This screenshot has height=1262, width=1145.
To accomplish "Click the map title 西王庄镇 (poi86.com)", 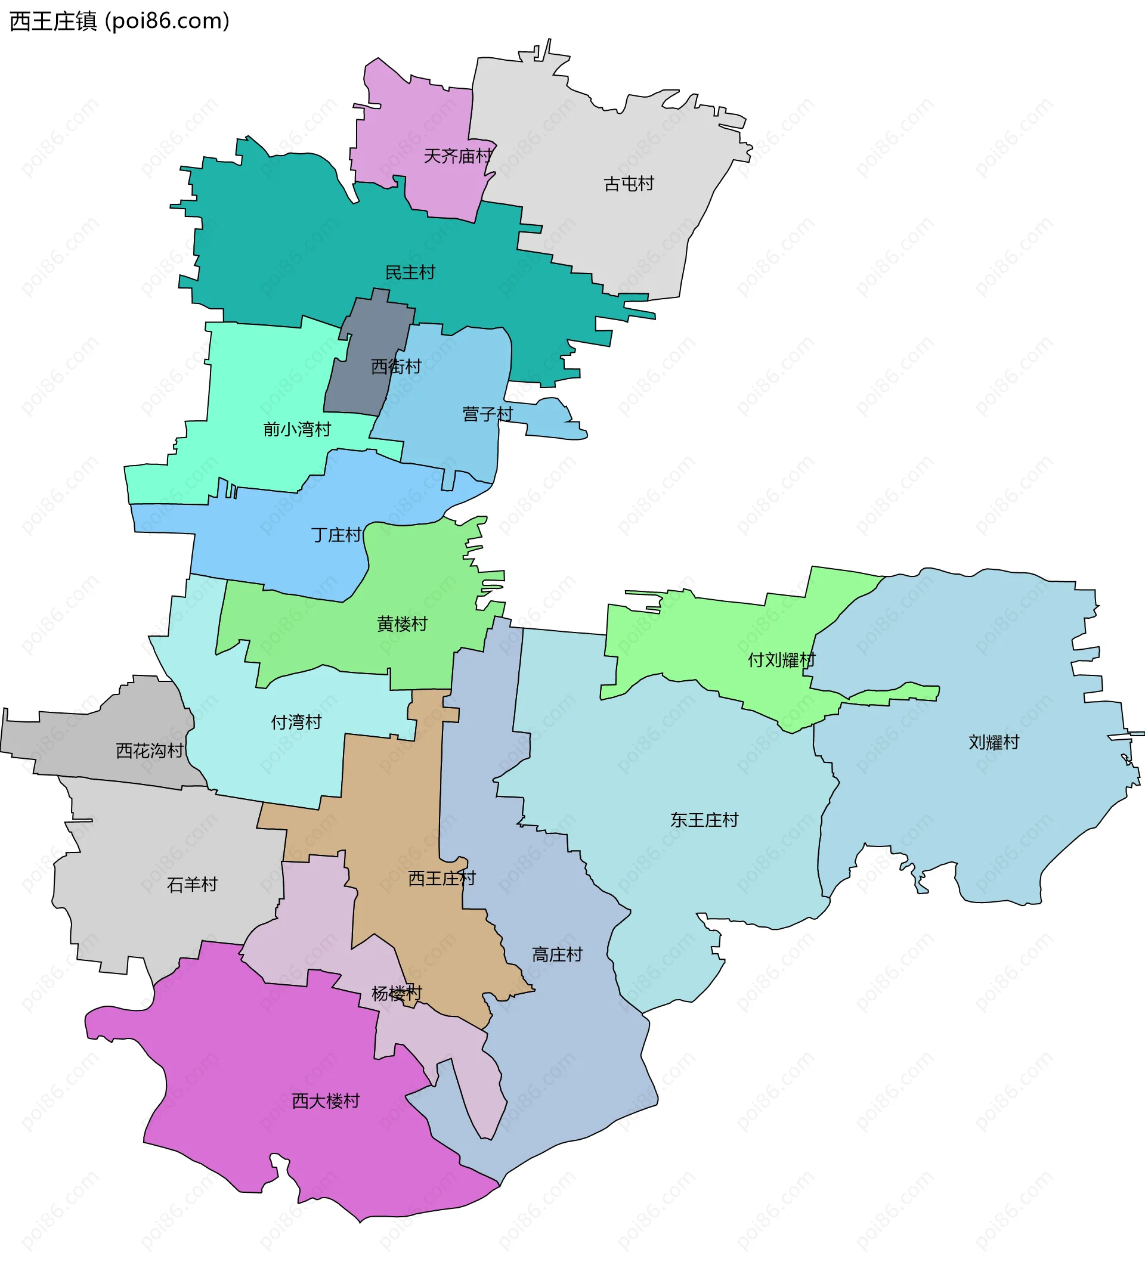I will [x=120, y=21].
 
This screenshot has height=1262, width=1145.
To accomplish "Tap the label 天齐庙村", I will [x=458, y=156].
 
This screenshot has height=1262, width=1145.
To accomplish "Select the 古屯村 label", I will [x=628, y=184].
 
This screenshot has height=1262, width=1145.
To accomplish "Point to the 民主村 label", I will [x=410, y=272].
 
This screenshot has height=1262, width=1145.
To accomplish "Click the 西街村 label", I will [x=396, y=366].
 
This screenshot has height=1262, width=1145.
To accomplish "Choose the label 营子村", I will [x=487, y=414].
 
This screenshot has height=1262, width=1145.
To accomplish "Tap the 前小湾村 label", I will [x=297, y=429].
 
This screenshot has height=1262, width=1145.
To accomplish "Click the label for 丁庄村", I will [x=336, y=535].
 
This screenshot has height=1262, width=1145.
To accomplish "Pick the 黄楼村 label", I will [x=402, y=624].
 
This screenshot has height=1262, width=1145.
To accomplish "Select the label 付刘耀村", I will [x=782, y=660].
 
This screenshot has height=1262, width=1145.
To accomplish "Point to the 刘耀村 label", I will [x=994, y=742].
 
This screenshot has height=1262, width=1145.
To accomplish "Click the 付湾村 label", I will [x=296, y=723].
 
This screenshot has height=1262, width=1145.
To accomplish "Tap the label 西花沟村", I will [x=150, y=751].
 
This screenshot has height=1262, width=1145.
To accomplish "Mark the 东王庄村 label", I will [x=704, y=820].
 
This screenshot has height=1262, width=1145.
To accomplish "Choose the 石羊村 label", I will [x=191, y=885].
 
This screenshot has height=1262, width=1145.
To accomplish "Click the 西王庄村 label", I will [x=441, y=878].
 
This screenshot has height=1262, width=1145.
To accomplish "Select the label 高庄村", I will [x=557, y=954].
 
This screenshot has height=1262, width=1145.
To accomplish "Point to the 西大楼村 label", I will [x=326, y=1101].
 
